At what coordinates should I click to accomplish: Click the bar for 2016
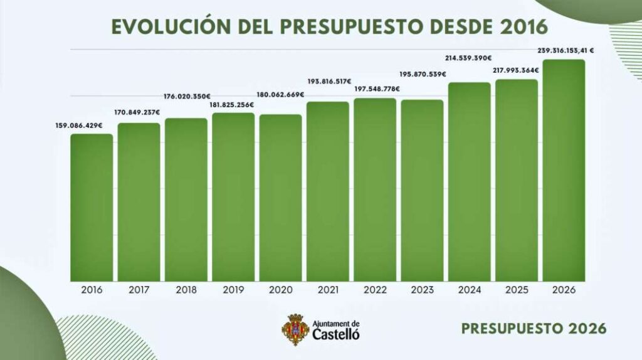tap(92, 208)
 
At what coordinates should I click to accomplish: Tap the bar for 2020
tap(280, 198)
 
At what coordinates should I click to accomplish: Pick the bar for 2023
tap(422, 191)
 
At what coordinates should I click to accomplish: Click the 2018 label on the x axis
tap(186, 290)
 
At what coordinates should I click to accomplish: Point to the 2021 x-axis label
tap(327, 290)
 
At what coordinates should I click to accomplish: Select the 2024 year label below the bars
tap(469, 290)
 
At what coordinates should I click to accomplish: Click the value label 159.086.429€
tap(78, 125)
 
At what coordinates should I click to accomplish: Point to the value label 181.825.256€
tap(233, 104)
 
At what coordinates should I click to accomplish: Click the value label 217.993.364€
tap(516, 71)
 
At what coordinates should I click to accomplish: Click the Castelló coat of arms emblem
tap(295, 329)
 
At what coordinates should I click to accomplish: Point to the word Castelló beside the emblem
tap(336, 334)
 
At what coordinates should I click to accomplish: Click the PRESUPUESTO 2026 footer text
tap(534, 329)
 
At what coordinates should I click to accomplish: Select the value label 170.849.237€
tap(137, 113)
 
